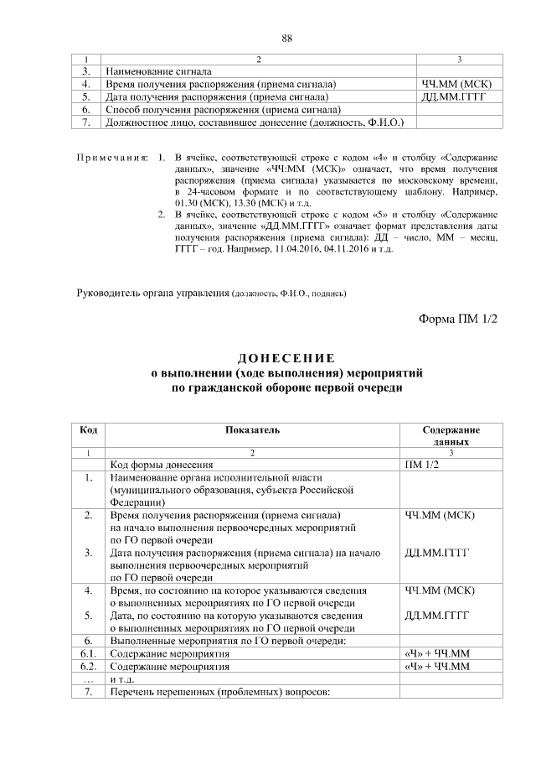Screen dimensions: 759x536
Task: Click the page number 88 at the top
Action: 287,39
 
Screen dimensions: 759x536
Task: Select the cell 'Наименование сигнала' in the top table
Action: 158,72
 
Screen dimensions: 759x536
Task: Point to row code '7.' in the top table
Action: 86,122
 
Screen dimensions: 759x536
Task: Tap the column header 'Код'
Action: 87,429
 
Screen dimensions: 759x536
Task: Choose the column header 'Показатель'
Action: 252,429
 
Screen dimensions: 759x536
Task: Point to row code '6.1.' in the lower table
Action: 87,654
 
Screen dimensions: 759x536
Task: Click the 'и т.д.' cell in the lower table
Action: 123,678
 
